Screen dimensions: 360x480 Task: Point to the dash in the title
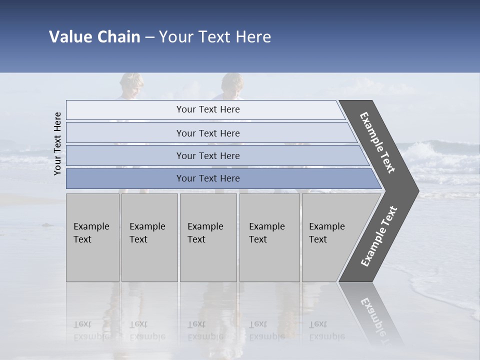click(149, 37)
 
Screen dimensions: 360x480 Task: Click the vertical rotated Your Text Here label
click(57, 143)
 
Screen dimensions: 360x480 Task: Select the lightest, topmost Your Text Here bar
click(207, 109)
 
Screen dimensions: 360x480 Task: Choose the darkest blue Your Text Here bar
click(207, 178)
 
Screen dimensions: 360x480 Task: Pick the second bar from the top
click(207, 133)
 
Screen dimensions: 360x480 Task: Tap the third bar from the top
click(207, 155)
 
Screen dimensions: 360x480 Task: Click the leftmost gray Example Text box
click(92, 237)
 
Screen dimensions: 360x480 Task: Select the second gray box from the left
click(149, 237)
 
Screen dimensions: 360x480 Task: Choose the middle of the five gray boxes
click(208, 237)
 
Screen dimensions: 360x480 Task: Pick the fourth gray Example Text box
click(269, 237)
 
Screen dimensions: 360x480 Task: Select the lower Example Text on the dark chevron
click(378, 236)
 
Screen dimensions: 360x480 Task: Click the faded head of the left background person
click(131, 85)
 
